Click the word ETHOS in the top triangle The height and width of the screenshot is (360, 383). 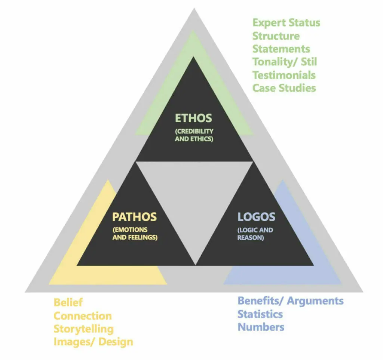click(x=193, y=118)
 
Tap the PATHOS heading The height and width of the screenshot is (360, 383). click(x=134, y=217)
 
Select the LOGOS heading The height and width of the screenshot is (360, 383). click(x=257, y=217)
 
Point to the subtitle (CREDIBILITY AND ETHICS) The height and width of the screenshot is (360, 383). click(x=194, y=135)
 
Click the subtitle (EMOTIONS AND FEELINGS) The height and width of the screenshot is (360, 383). click(x=135, y=234)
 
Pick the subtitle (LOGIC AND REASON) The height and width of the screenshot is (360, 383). click(x=255, y=234)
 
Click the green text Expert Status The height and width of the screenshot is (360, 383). click(x=286, y=23)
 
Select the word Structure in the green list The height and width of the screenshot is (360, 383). click(x=276, y=36)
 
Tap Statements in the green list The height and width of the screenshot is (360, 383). click(x=281, y=49)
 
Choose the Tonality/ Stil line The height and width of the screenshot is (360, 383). click(x=285, y=62)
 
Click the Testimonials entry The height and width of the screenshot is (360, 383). click(x=284, y=75)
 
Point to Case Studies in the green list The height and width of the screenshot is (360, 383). click(x=284, y=88)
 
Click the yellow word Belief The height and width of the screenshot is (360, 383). click(x=68, y=302)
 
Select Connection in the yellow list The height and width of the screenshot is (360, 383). click(x=83, y=316)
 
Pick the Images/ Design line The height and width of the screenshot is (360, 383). click(x=93, y=342)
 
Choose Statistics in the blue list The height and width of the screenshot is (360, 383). click(x=260, y=314)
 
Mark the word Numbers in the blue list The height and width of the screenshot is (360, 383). click(x=261, y=327)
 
